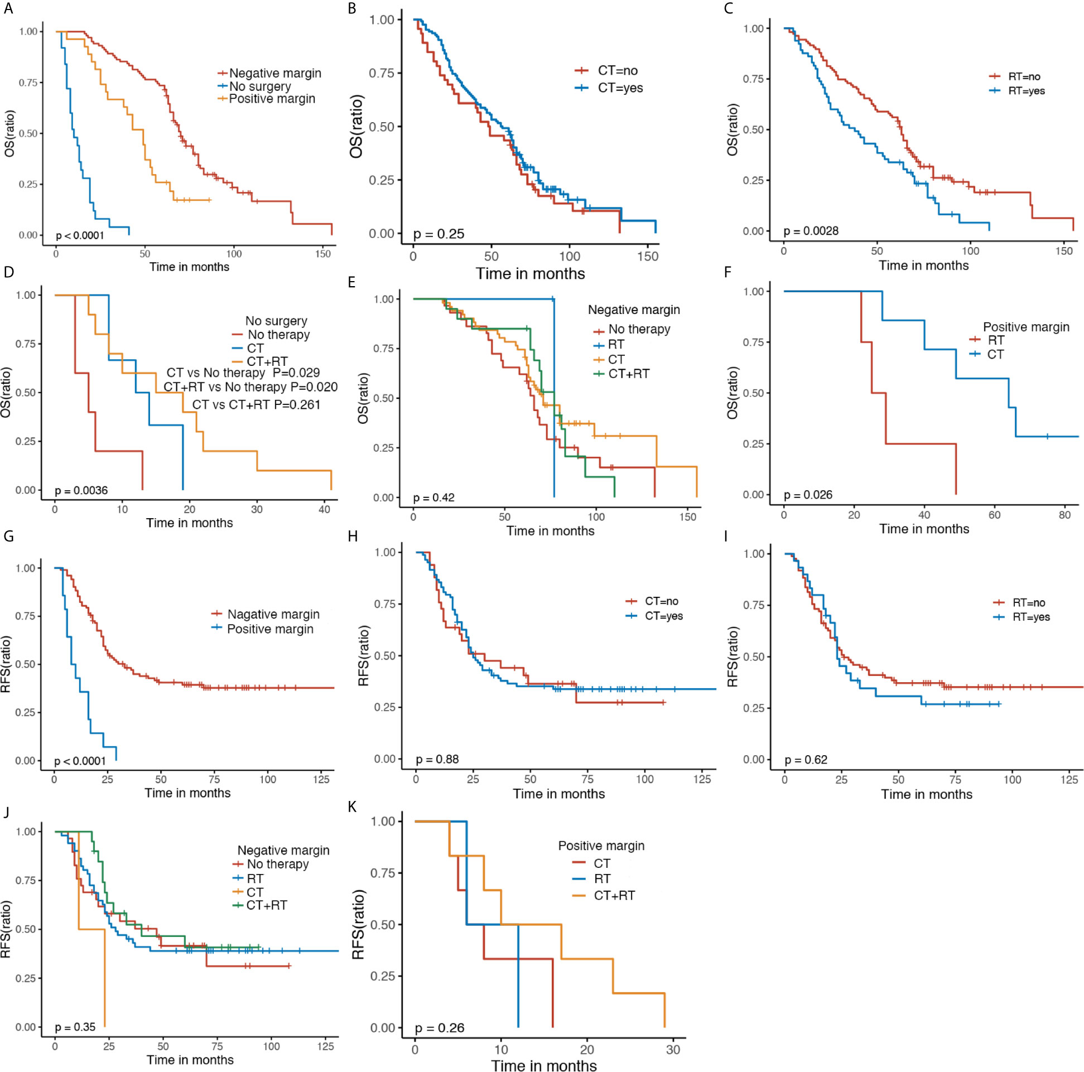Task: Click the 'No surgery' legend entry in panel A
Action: tap(260, 86)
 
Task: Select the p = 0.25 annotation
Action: tap(439, 234)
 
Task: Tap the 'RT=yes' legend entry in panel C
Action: tap(1026, 91)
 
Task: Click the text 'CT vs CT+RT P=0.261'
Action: tap(256, 404)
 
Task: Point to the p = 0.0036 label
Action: tap(81, 490)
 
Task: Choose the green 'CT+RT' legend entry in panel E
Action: tap(628, 374)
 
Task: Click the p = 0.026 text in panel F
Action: tap(808, 495)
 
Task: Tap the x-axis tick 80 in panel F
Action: tap(1064, 515)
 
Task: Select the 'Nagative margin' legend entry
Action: tap(273, 614)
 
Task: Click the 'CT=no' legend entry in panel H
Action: tap(662, 601)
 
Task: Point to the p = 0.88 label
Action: tap(437, 759)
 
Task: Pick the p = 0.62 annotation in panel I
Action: tap(806, 760)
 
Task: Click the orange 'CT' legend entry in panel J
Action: tap(254, 892)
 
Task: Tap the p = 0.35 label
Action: tap(75, 1027)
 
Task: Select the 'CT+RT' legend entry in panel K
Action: tap(614, 895)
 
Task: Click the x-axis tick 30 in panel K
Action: tap(673, 1050)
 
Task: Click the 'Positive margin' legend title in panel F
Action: tap(1025, 327)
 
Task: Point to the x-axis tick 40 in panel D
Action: tap(324, 509)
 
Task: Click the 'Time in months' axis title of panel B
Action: tap(530, 274)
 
